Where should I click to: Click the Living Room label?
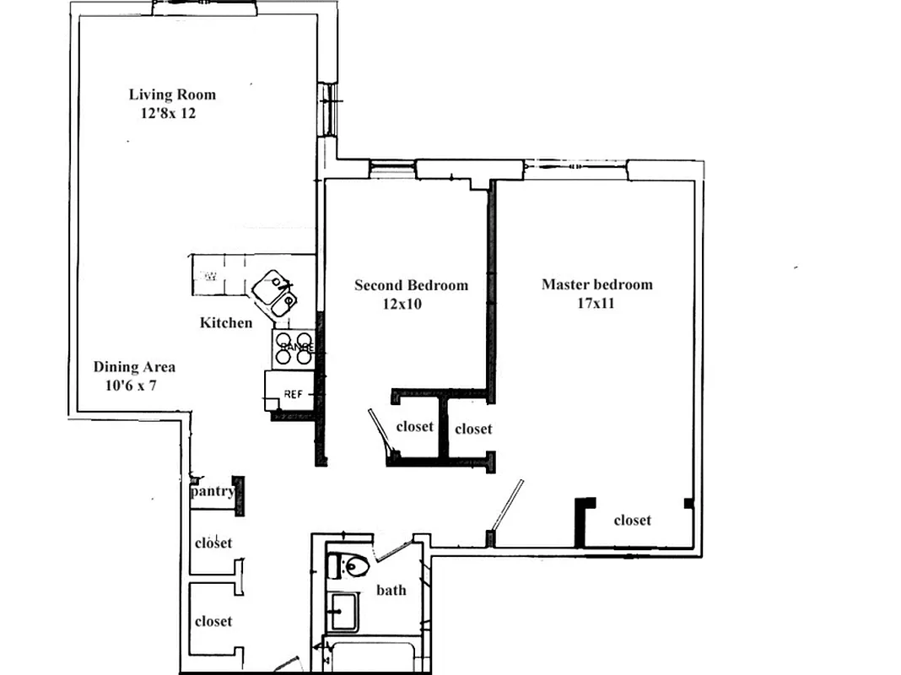pyautogui.click(x=172, y=94)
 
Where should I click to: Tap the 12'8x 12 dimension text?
pyautogui.click(x=163, y=112)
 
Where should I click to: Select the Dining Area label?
pyautogui.click(x=134, y=367)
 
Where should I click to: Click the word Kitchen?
pyautogui.click(x=225, y=322)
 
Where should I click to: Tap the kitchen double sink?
pyautogui.click(x=276, y=291)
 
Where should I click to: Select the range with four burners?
pyautogui.click(x=294, y=347)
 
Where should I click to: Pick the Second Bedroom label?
pyautogui.click(x=411, y=285)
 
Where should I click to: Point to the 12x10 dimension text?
pyautogui.click(x=402, y=304)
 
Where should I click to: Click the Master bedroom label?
pyautogui.click(x=596, y=284)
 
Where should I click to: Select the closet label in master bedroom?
pyautogui.click(x=632, y=521)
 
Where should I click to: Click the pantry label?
pyautogui.click(x=213, y=491)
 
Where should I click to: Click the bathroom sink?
pyautogui.click(x=343, y=611)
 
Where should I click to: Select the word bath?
pyautogui.click(x=391, y=590)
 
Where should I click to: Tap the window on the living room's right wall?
pyautogui.click(x=327, y=107)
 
